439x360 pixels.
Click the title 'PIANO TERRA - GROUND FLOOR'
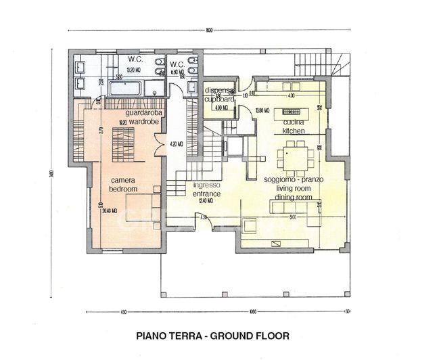point(212,335)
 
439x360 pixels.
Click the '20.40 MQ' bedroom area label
point(109,210)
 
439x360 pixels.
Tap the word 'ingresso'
point(206,185)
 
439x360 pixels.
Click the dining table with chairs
point(295,157)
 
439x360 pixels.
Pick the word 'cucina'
point(294,122)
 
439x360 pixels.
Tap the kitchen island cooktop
point(294,113)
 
